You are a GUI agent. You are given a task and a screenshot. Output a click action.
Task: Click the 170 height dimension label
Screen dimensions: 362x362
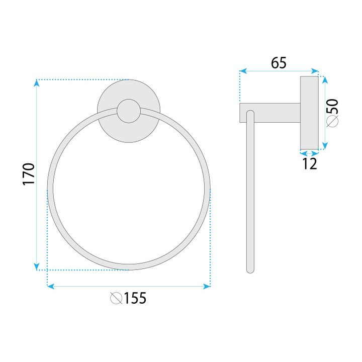29,173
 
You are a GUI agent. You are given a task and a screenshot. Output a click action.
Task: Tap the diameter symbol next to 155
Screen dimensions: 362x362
116,299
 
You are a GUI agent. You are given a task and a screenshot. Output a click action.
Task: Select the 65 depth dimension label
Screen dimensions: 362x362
279,63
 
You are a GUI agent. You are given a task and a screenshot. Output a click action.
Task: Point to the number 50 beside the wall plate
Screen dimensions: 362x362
332,107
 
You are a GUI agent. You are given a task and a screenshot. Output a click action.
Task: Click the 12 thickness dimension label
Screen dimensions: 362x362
310,163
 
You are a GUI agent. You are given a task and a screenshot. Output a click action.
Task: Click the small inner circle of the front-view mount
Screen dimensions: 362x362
128,112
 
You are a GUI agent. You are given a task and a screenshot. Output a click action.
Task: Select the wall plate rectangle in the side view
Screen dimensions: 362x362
309,113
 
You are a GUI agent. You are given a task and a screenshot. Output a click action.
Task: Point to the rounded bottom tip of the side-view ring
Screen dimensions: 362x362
250,269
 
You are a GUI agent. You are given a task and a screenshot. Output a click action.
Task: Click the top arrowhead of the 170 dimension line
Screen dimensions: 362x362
36,82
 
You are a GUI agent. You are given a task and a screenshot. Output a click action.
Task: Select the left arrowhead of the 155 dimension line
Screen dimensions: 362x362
50,286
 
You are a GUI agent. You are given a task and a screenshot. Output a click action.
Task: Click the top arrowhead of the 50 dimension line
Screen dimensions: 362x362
324,79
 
